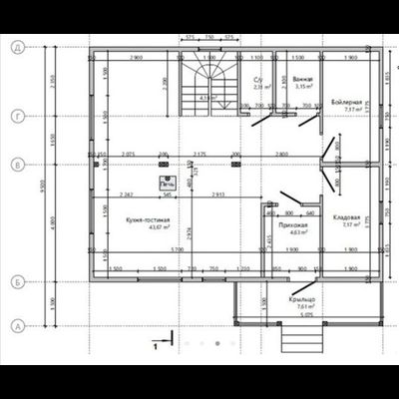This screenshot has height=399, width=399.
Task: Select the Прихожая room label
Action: [292, 225]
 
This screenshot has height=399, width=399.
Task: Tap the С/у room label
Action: [258, 81]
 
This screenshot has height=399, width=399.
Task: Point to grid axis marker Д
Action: [17, 47]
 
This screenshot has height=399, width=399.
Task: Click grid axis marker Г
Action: [17, 117]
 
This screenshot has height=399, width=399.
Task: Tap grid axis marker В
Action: [17, 162]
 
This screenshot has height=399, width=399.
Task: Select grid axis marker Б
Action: [17, 283]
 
